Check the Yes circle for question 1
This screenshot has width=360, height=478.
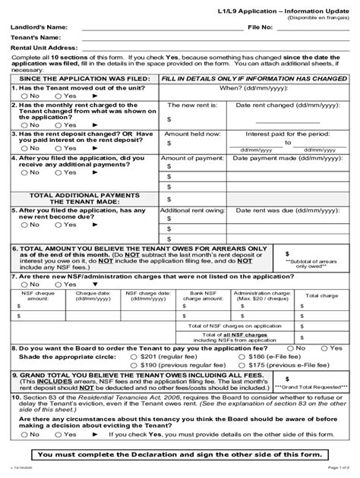click(59, 96)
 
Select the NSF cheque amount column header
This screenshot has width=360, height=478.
click(36, 297)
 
